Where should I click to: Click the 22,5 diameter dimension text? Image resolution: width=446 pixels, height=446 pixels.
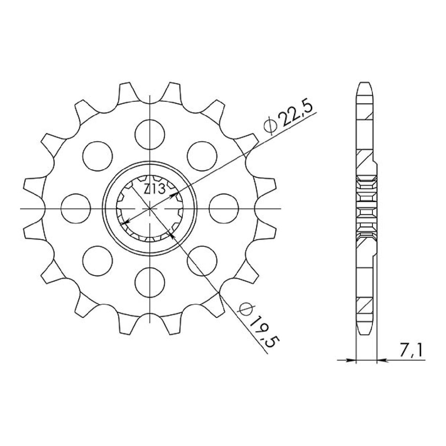click(296, 115)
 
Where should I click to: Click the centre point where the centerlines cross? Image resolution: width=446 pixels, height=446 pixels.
click(150, 209)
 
